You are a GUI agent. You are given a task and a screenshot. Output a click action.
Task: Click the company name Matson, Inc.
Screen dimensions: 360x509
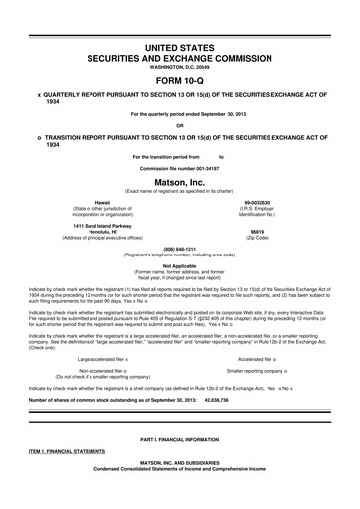180,181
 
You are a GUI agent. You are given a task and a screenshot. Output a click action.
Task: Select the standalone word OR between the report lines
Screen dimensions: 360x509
180,125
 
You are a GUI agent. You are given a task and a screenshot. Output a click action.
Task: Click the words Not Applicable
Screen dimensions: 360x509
180,265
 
